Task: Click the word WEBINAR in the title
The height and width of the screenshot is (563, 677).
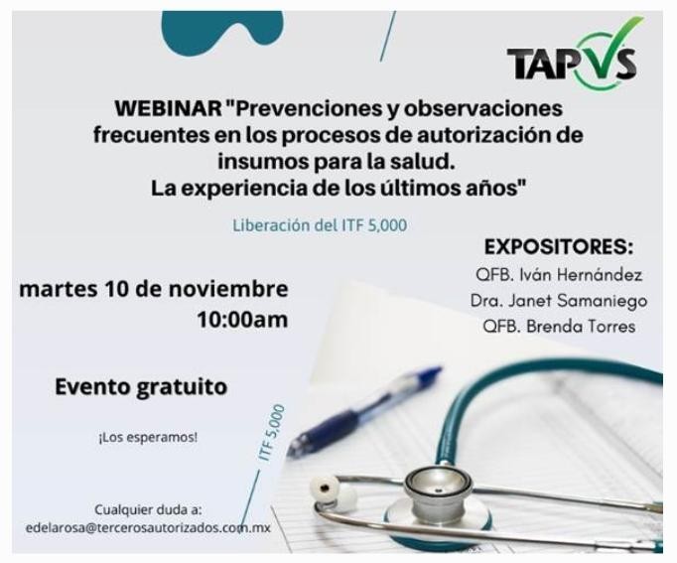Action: click(x=165, y=107)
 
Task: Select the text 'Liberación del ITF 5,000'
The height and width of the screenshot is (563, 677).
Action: click(x=319, y=225)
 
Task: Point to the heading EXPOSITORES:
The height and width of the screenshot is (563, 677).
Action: click(x=558, y=247)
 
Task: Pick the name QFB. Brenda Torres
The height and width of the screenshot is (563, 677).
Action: click(x=558, y=326)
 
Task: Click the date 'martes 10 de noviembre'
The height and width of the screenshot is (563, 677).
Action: click(x=154, y=290)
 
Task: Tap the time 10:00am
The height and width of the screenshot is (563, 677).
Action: click(x=242, y=320)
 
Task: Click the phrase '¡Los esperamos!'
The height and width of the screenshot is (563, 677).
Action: click(x=148, y=437)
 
